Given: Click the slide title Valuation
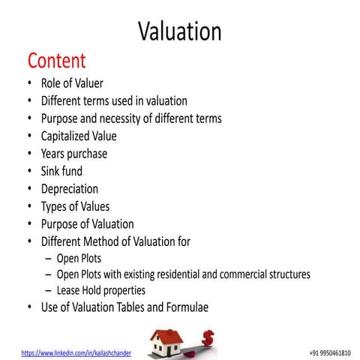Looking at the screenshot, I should (x=180, y=31).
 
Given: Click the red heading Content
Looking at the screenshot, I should (x=57, y=60).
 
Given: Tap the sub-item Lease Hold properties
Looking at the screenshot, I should (x=101, y=290).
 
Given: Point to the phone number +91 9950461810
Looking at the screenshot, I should (x=330, y=351).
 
